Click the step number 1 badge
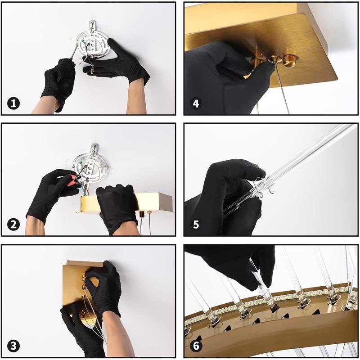13,103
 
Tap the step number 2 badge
13,224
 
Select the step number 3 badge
13,346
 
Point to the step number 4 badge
196,103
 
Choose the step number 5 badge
196,224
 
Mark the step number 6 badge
196,346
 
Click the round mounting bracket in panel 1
92,45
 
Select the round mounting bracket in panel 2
90,166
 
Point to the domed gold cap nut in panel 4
290,60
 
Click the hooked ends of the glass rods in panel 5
265,188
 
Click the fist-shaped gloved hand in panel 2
117,208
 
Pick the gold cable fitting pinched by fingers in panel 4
275,60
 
